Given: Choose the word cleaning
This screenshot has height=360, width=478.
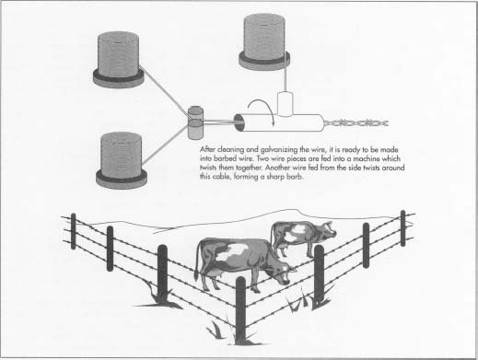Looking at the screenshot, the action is [x=247, y=147].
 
